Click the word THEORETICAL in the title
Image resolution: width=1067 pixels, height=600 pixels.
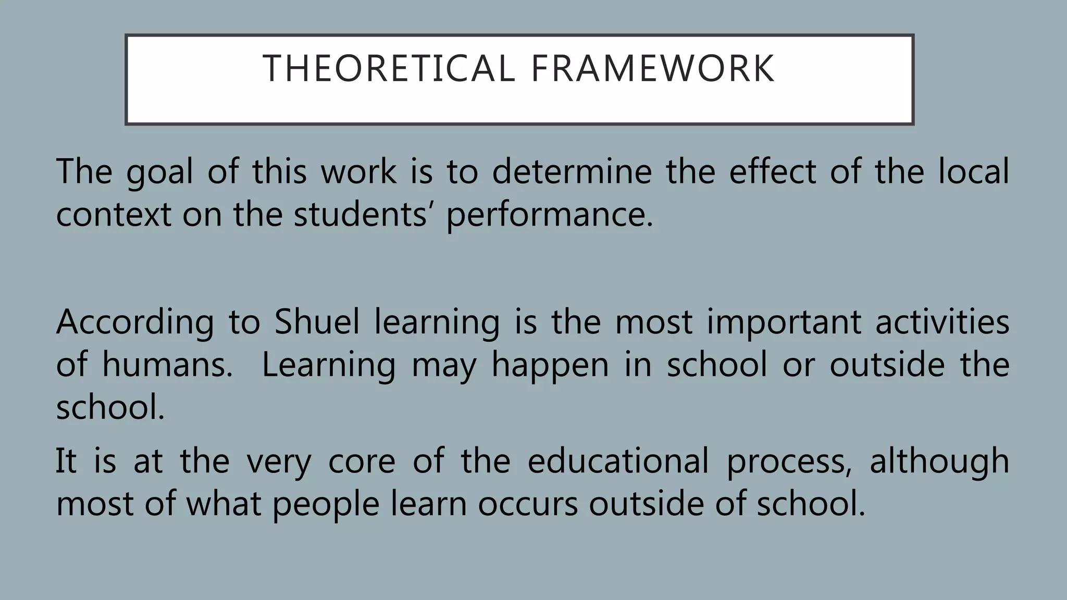pyautogui.click(x=389, y=69)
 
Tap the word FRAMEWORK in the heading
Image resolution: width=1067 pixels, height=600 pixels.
pyautogui.click(x=653, y=69)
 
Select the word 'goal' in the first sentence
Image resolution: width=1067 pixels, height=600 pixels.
pyautogui.click(x=159, y=172)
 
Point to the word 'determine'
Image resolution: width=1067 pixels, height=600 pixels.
pyautogui.click(x=572, y=172)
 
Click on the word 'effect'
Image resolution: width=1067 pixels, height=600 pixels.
pyautogui.click(x=773, y=172)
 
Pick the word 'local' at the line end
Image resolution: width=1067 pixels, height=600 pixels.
pyautogui.click(x=973, y=172)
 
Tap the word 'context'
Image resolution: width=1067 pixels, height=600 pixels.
pyautogui.click(x=113, y=215)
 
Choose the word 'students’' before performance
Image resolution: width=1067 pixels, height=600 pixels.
pyautogui.click(x=361, y=215)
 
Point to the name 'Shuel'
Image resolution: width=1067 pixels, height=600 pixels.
pyautogui.click(x=317, y=322)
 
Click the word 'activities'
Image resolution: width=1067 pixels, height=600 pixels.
pyautogui.click(x=942, y=322)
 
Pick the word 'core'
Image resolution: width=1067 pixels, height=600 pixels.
pyautogui.click(x=362, y=461)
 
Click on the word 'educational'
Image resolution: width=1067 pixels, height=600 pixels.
pyautogui.click(x=618, y=460)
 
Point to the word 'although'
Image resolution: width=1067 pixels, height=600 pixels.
pyautogui.click(x=939, y=461)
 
